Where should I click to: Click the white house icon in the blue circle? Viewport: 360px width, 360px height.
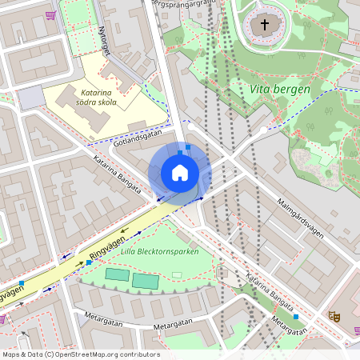tap(179, 173)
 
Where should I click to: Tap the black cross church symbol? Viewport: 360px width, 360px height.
tap(265, 25)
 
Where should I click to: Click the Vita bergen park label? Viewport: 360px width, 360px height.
tap(279, 90)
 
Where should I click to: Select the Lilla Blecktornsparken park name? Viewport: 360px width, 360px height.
tap(159, 252)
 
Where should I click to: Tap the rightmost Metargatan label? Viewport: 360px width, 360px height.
tap(288, 325)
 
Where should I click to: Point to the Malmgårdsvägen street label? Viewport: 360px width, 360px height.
tap(300, 218)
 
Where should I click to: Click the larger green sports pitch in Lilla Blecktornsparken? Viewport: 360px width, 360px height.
tap(145, 281)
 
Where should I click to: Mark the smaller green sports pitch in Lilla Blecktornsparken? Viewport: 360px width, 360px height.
tap(116, 275)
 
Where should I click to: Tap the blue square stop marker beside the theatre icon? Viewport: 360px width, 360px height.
tap(296, 317)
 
